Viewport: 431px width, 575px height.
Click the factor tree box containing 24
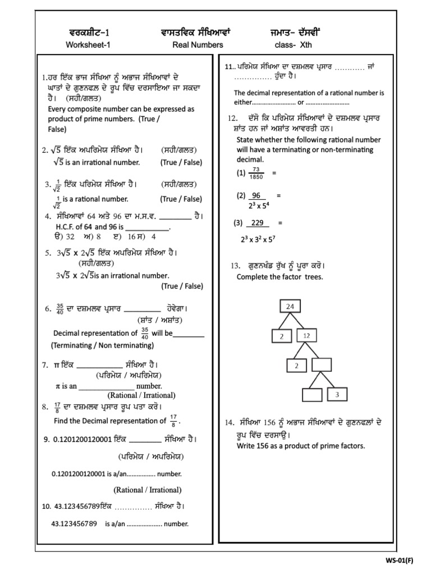tap(290, 307)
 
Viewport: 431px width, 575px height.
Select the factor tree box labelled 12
tap(306, 335)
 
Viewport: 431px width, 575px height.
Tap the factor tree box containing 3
tap(337, 395)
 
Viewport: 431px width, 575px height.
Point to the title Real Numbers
tap(198, 45)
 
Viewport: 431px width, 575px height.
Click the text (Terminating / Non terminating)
tap(99, 345)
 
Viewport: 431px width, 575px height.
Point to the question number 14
tap(229, 422)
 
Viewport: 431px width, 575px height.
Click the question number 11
tap(228, 66)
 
